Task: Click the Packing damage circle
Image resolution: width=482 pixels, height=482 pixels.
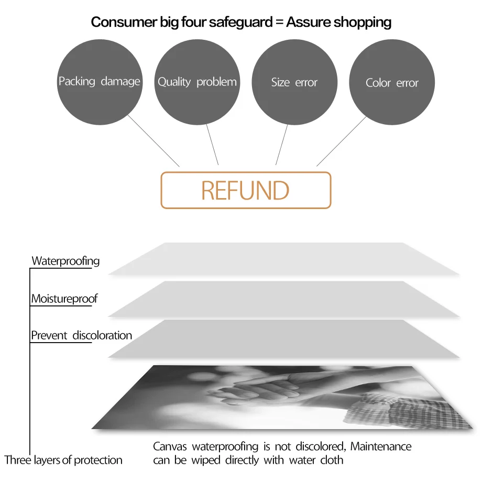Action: pos(100,82)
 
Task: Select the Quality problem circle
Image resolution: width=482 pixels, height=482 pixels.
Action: pos(197,82)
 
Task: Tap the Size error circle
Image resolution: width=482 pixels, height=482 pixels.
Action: pos(294,82)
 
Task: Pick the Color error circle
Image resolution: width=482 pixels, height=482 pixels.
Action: pos(392,82)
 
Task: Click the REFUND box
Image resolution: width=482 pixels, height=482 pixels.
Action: pos(246,190)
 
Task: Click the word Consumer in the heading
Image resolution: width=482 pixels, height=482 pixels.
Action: pos(124,22)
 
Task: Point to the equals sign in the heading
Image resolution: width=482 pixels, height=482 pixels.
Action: pos(279,22)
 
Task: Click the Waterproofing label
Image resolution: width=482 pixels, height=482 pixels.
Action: pos(65,261)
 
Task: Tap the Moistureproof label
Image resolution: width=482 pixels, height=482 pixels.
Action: pos(64,299)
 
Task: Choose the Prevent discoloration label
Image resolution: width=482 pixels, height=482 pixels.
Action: pos(81,335)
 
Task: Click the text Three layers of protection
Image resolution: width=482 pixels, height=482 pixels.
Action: pos(63,460)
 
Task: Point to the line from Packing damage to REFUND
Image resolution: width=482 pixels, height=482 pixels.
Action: pos(154,140)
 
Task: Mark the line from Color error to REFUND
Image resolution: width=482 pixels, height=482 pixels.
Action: pos(342,141)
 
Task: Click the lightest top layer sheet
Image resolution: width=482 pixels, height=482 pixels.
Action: pos(283,259)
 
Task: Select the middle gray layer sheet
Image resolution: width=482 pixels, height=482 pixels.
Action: pos(283,299)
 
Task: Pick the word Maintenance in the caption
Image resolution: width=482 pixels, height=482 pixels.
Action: pos(381,446)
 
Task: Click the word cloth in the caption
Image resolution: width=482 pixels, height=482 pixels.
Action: pos(332,460)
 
